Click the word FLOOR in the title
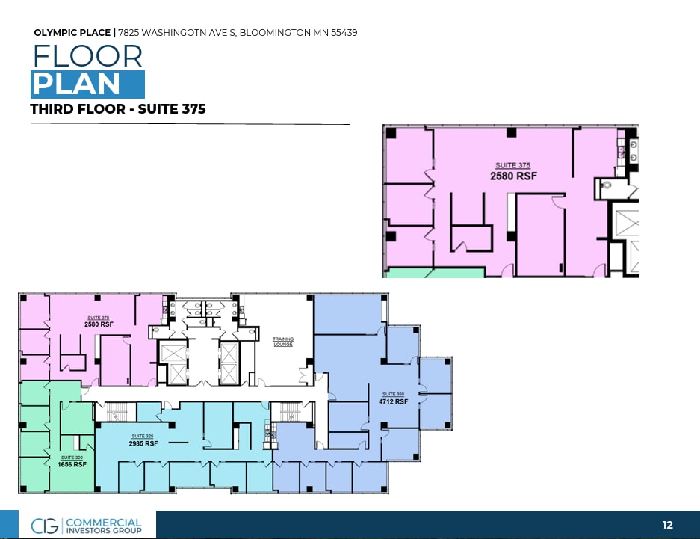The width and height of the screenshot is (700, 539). click(87, 57)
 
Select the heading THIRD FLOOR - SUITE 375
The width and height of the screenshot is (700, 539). click(118, 109)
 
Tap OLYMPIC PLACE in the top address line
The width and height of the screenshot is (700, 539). click(72, 33)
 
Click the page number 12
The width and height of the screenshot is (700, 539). click(667, 526)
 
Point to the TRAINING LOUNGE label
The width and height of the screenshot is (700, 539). click(283, 342)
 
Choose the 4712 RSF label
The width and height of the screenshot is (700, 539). click(394, 401)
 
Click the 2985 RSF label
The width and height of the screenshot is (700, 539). click(143, 443)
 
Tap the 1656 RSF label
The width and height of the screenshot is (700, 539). click(72, 464)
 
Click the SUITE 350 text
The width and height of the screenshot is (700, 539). click(394, 394)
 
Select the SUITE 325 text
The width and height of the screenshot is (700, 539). click(143, 436)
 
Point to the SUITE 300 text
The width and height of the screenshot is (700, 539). click(72, 457)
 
